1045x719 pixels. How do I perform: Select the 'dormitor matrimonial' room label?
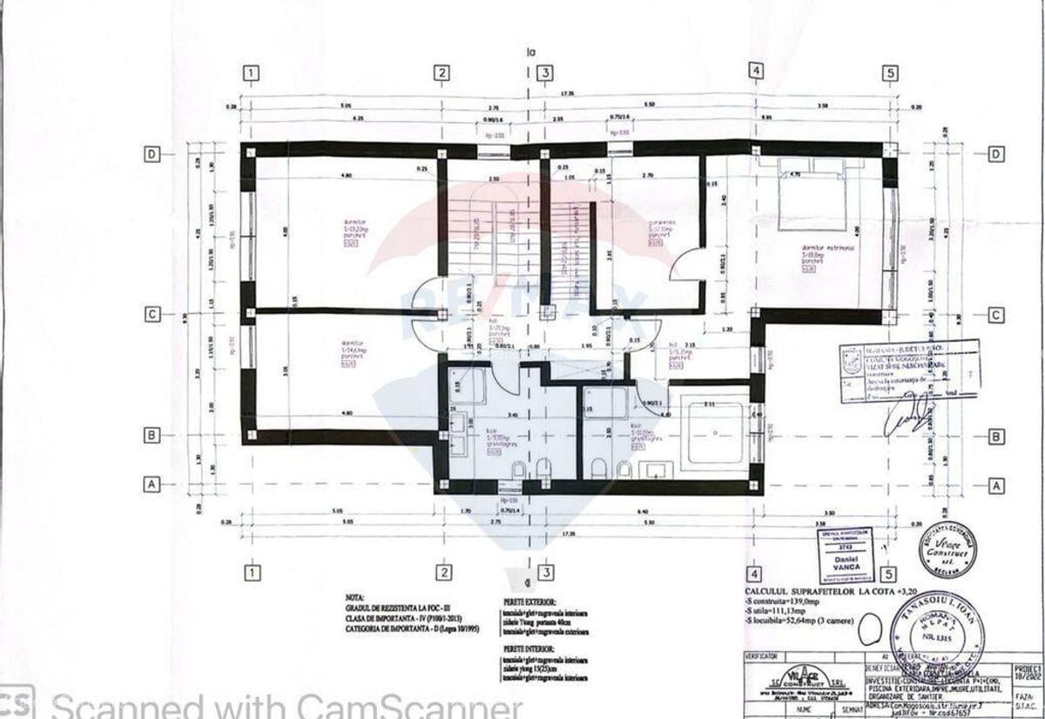click(x=828, y=248)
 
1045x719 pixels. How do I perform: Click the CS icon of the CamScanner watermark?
click(x=17, y=702)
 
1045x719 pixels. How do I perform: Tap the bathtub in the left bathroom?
click(x=465, y=385)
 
